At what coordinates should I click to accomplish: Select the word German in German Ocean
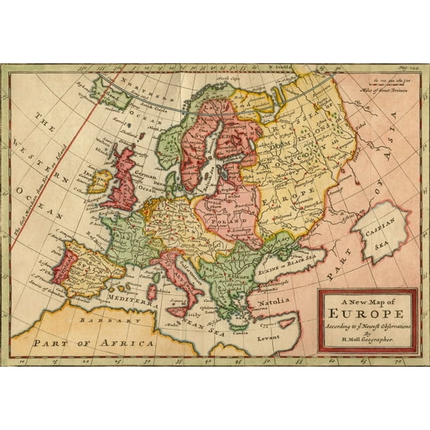[x=145, y=176]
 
